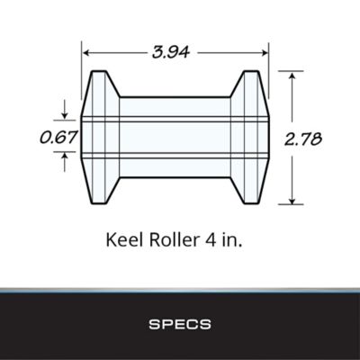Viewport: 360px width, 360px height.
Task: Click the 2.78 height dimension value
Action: (302, 139)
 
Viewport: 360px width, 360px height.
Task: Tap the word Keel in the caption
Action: (124, 240)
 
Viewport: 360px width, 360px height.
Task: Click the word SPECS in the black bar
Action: (180, 321)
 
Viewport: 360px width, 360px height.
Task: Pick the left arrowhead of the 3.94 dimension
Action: (88, 51)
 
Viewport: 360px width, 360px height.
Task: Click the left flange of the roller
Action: (100, 138)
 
